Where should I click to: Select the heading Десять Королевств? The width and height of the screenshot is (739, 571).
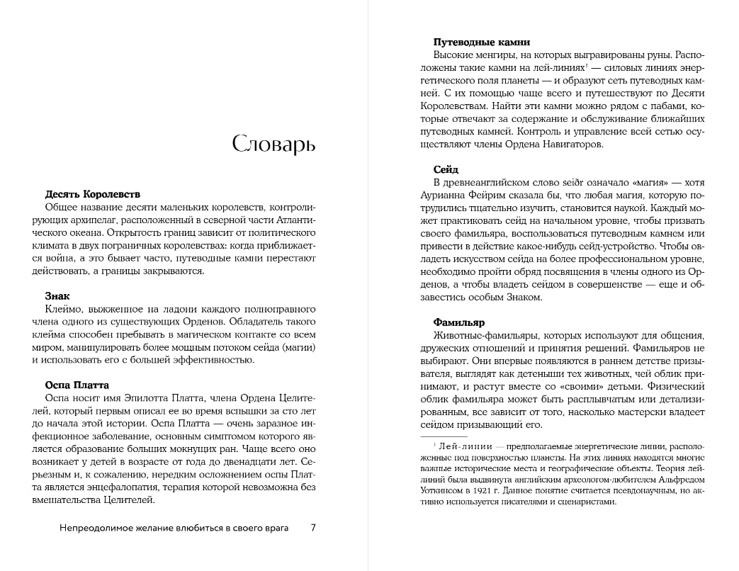(x=93, y=193)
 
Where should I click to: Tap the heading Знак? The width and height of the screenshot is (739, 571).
(x=57, y=295)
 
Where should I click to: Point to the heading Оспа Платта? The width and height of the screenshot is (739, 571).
(x=77, y=385)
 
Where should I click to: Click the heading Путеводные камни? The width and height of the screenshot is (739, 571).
(x=481, y=42)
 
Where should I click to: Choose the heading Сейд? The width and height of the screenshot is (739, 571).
(x=446, y=169)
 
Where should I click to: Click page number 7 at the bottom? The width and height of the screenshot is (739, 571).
(x=313, y=528)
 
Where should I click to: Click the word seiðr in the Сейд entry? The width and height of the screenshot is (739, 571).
(x=566, y=183)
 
